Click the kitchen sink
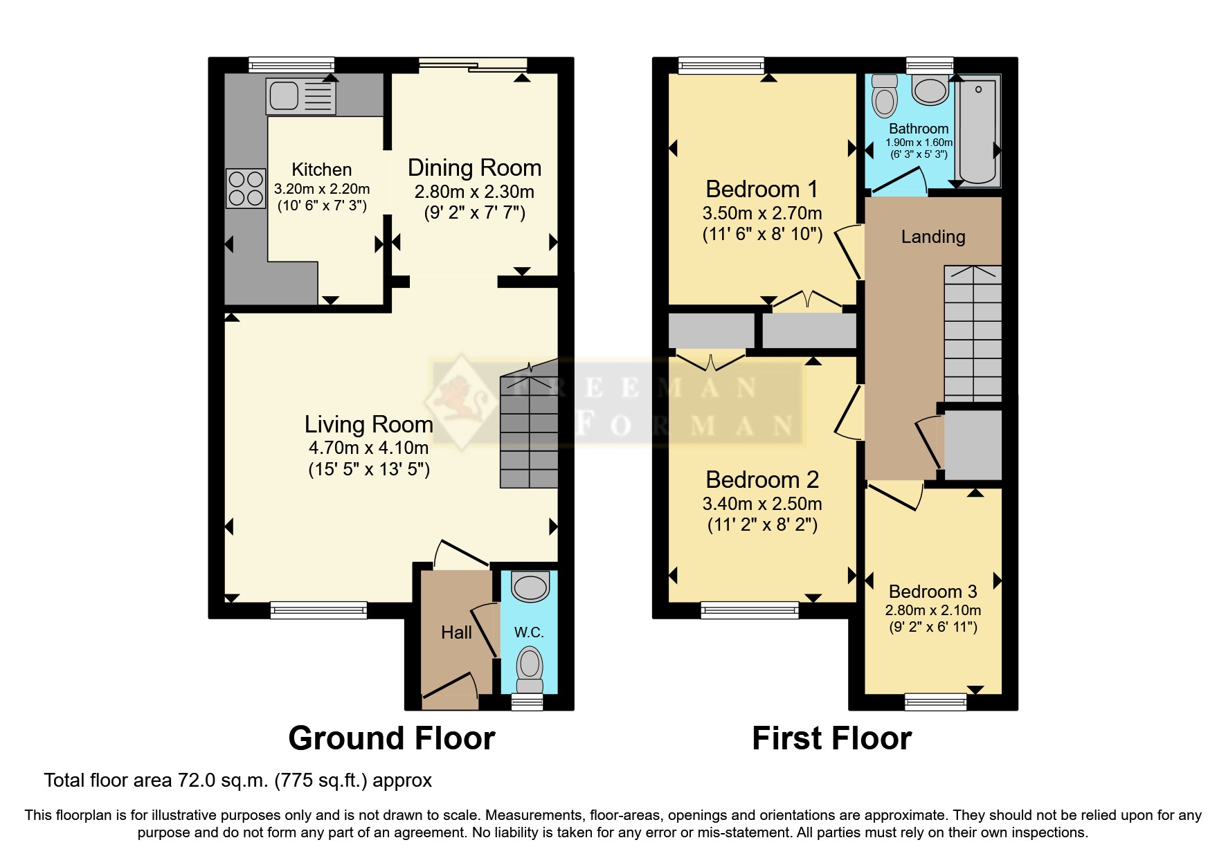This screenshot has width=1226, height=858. click(300, 96)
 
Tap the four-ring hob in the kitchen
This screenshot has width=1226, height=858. click(246, 188)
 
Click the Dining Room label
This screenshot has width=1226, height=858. click(474, 168)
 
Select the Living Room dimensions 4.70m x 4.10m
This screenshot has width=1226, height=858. click(368, 448)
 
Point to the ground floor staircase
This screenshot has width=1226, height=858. click(530, 432)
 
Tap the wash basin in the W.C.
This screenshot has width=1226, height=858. click(530, 587)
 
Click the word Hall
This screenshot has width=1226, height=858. click(456, 632)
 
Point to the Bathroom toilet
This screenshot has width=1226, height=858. click(885, 97)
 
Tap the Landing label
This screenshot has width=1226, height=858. click(932, 237)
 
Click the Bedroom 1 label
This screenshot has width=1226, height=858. click(761, 189)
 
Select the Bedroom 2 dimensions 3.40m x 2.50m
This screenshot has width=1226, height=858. click(762, 504)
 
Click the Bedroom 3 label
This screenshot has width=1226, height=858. click(932, 592)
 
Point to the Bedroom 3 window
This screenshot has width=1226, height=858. click(935, 702)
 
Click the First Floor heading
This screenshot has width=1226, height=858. click(831, 738)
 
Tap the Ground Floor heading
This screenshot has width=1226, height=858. click(392, 738)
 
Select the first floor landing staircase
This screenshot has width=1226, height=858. click(973, 332)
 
